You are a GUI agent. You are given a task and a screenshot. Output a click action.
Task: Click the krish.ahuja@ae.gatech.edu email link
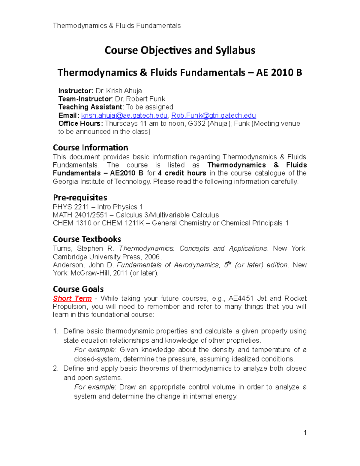[124, 116]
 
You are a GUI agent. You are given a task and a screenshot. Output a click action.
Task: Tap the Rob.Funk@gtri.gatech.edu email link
[213, 116]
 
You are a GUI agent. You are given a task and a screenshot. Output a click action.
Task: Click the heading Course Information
[90, 148]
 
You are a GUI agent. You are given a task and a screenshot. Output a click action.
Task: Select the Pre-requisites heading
[80, 197]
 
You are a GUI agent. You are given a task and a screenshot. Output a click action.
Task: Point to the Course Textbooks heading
[87, 239]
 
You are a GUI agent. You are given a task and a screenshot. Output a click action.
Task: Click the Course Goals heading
[78, 289]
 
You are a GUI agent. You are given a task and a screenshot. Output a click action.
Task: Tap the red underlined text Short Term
[72, 299]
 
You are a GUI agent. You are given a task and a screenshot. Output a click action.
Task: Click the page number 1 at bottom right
[305, 432]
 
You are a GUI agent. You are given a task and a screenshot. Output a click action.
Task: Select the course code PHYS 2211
[71, 207]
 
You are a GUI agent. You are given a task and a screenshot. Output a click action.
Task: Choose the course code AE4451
[241, 299]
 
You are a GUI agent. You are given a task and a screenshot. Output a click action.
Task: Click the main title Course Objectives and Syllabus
[180, 50]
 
